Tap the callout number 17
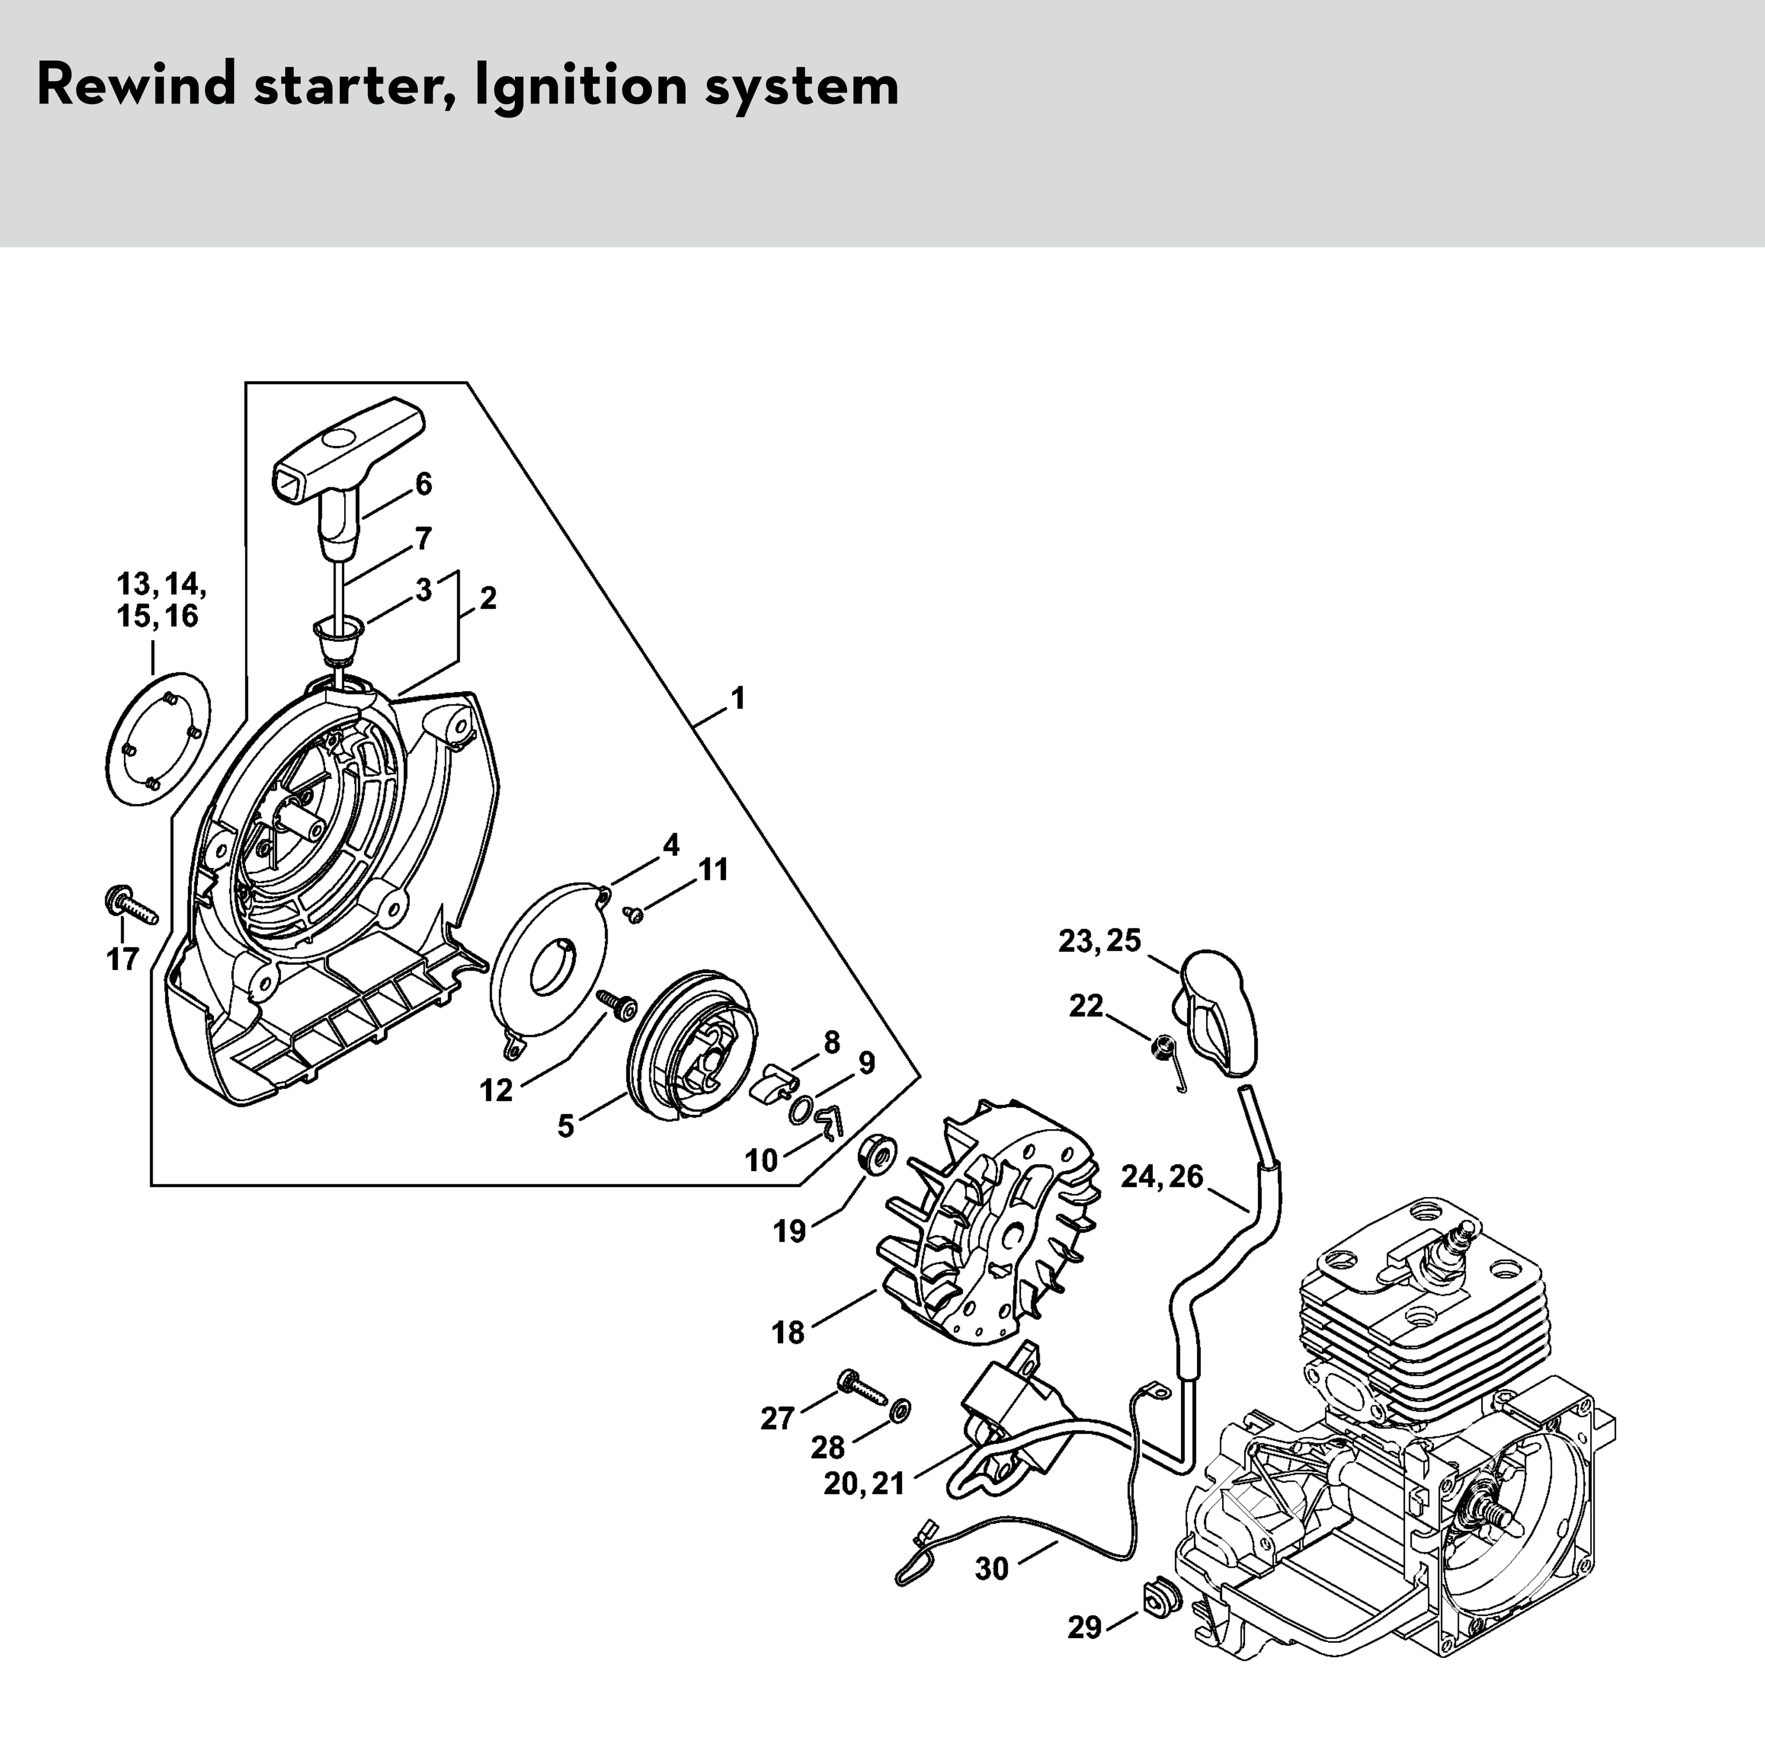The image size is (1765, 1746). (122, 960)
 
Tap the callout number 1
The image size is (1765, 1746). (737, 699)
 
